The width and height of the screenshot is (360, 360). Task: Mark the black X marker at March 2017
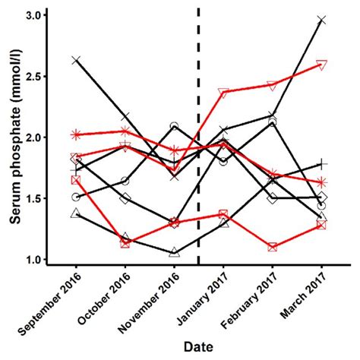322,21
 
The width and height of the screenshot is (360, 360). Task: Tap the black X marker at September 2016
76,60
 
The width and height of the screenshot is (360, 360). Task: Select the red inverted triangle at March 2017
322,65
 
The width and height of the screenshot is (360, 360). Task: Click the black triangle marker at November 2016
175,252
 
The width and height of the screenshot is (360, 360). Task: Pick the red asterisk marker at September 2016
76,134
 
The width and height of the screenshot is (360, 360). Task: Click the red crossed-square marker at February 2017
273,247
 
